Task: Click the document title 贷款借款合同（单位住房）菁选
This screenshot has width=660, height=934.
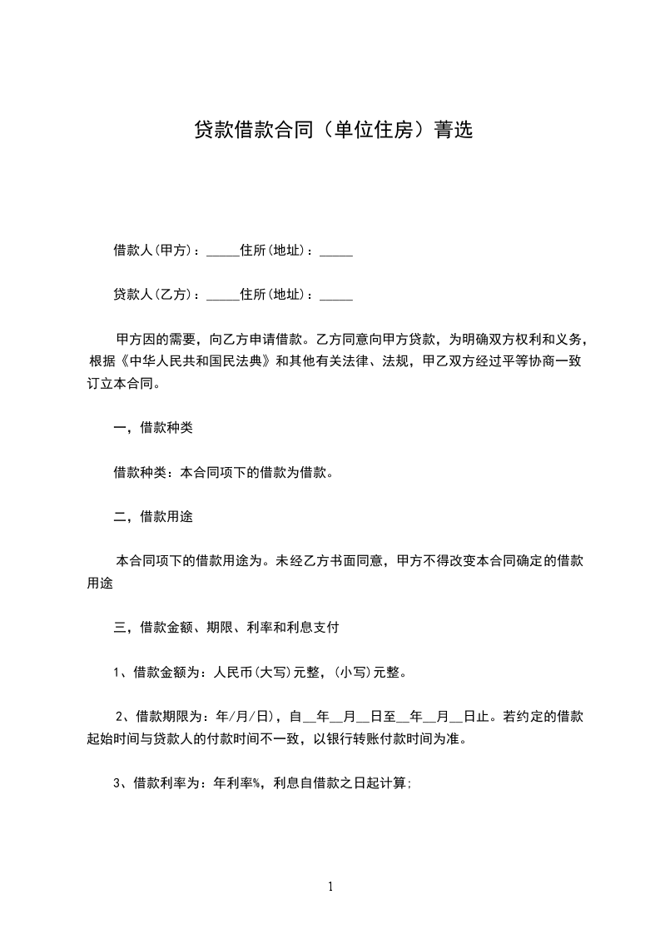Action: (x=333, y=130)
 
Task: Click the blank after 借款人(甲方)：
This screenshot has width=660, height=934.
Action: (x=222, y=252)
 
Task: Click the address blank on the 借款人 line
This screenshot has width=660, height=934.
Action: (x=336, y=252)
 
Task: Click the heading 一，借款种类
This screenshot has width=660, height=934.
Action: (x=153, y=428)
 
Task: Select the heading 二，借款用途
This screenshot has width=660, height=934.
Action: (x=153, y=517)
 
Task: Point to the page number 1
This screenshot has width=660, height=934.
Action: (x=330, y=887)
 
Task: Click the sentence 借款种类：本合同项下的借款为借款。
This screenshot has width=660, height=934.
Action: (x=224, y=473)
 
